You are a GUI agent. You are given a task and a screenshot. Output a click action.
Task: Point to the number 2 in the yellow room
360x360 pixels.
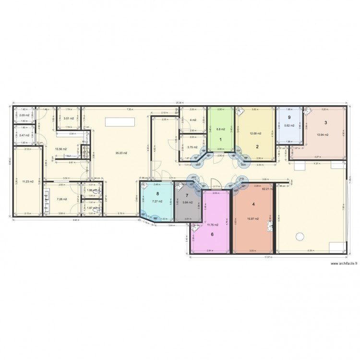tap(257, 146)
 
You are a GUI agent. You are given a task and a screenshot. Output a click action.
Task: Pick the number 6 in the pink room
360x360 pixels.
tap(212, 235)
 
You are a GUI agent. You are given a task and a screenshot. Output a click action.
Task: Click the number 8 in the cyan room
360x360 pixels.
tap(157, 194)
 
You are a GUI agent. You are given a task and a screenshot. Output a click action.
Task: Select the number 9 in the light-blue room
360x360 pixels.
tap(289, 117)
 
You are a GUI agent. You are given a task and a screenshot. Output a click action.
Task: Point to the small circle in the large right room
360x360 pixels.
tap(300, 236)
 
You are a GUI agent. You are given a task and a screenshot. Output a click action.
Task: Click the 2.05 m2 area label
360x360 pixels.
tap(24, 116)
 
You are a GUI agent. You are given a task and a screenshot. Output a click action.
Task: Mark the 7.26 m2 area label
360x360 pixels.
tap(61, 199)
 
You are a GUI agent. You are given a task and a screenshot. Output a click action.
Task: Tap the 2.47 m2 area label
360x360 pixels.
tap(24, 135)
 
